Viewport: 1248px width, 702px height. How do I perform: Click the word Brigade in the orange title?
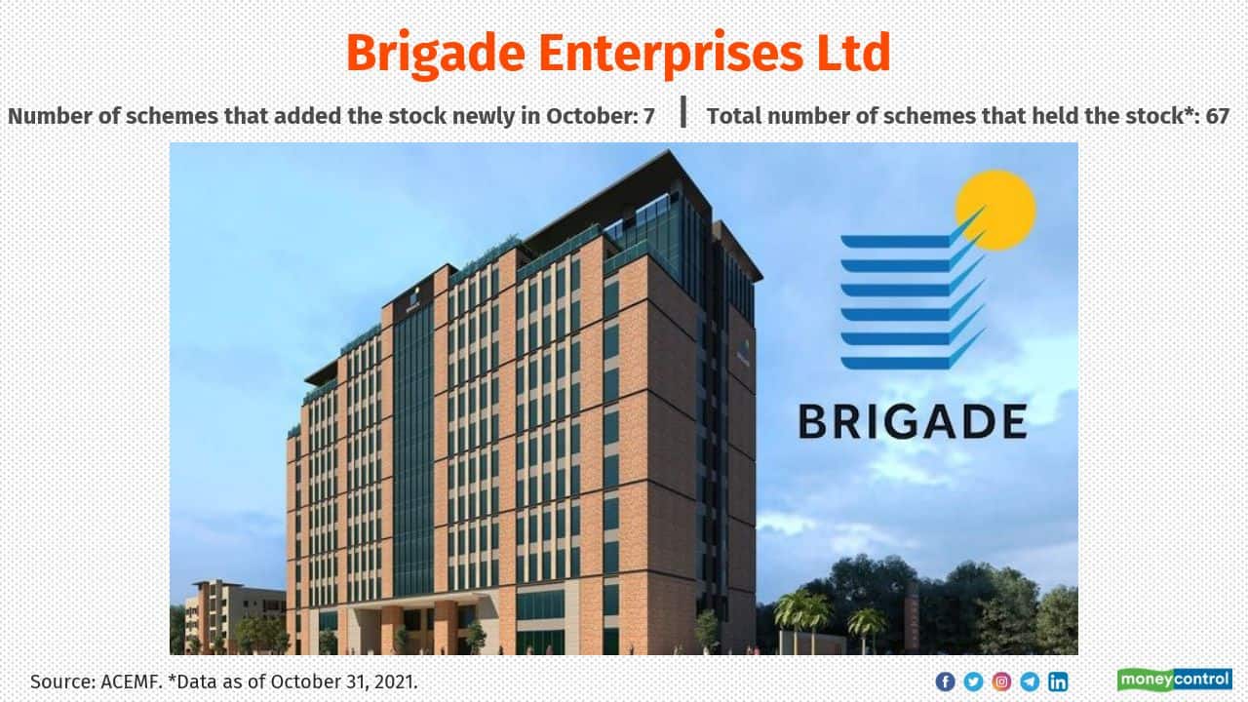436,55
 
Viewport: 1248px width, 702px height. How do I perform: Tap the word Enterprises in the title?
671,55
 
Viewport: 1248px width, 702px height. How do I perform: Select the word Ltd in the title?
853,53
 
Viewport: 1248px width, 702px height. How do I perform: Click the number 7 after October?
649,116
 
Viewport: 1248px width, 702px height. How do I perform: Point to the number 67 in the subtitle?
1218,116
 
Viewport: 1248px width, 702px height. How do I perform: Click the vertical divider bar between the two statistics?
683,111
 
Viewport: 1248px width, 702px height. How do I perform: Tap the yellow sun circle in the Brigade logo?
996,210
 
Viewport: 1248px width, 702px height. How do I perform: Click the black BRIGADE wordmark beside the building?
913,422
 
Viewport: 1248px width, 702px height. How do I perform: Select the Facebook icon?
945,682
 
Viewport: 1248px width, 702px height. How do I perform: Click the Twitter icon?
973,682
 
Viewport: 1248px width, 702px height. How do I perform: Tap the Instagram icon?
1001,682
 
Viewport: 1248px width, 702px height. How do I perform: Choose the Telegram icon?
1030,682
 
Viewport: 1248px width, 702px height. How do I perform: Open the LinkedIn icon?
1058,682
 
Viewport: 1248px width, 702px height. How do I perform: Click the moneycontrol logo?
1175,680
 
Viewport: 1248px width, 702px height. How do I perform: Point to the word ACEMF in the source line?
131,682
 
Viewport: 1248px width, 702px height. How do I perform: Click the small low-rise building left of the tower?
234,615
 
